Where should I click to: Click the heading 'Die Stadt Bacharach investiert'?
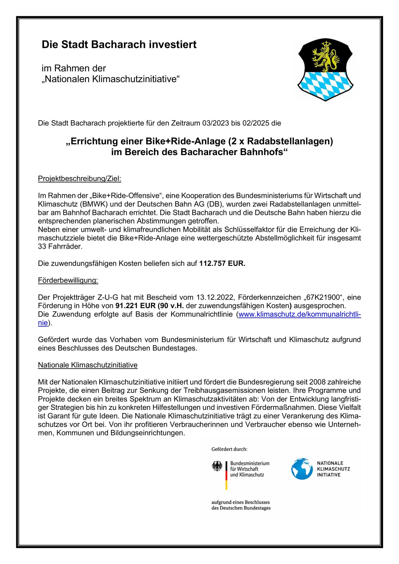coord(119,45)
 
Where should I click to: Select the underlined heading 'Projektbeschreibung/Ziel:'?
coord(79,178)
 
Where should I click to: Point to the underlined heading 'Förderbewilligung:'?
coord(68,280)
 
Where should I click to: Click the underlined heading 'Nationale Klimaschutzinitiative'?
coord(87,365)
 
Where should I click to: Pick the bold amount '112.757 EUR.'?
coord(222,263)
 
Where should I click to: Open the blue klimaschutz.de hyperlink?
coord(299,314)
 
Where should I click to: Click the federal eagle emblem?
coord(217,466)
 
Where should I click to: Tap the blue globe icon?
coord(302,469)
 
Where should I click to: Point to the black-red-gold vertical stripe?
coord(226,475)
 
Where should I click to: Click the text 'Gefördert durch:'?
coord(229,449)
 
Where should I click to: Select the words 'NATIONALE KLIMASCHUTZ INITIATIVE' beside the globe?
coord(333,469)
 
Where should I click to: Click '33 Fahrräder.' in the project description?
coord(60,246)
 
